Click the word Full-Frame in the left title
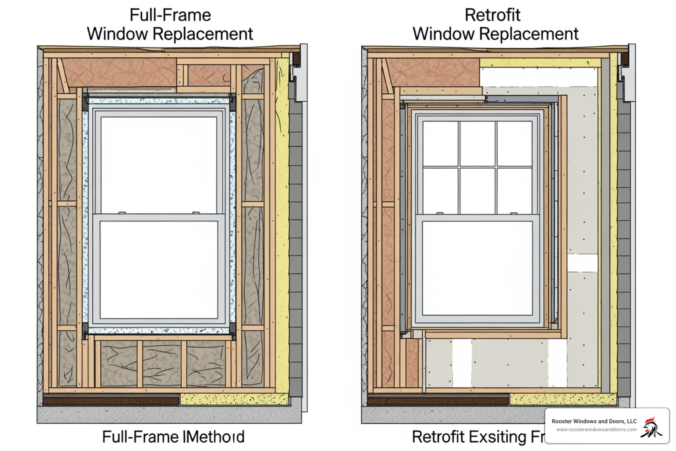pyautogui.click(x=170, y=15)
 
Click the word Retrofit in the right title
pyautogui.click(x=492, y=15)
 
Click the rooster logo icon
pyautogui.click(x=651, y=427)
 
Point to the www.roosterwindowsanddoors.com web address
pyautogui.click(x=596, y=430)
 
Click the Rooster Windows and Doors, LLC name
pyautogui.click(x=594, y=421)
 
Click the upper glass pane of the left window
pyautogui.click(x=159, y=165)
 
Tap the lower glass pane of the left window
pyautogui.click(x=159, y=269)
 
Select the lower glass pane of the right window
pyautogui.click(x=477, y=268)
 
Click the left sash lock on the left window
pyautogui.click(x=122, y=213)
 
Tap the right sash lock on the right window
pyautogui.click(x=513, y=213)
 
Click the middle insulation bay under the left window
pyautogui.click(x=162, y=364)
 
